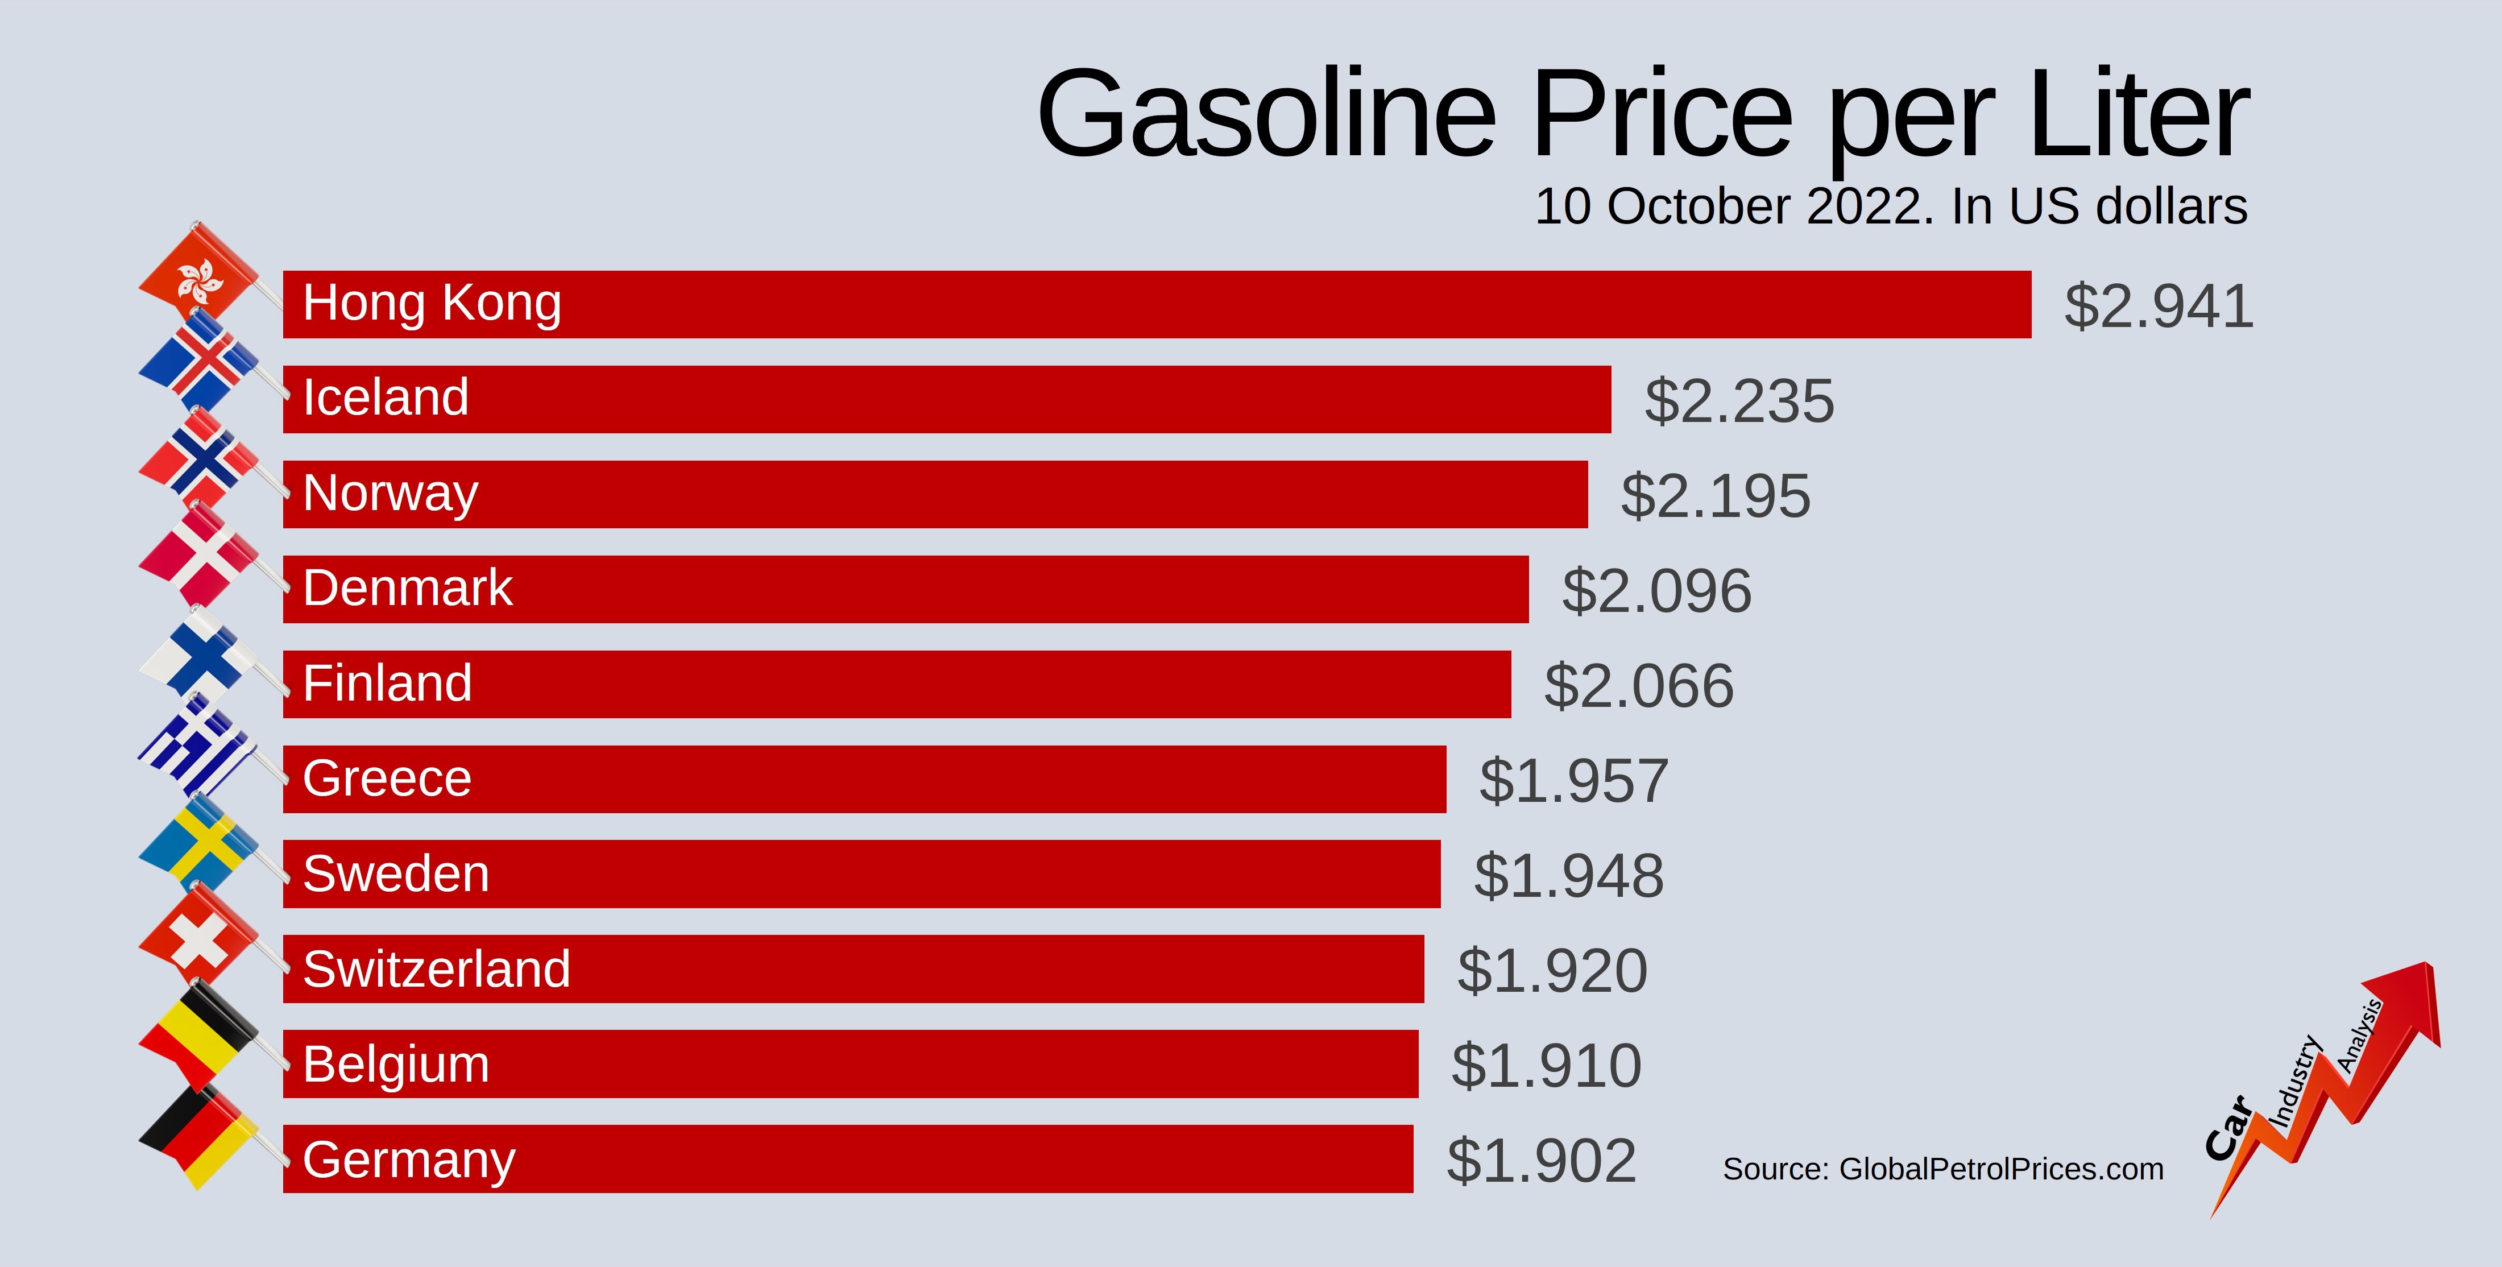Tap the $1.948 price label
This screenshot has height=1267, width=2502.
tap(1569, 875)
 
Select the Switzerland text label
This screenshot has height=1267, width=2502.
tap(436, 968)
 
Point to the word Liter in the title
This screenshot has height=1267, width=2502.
tap(2137, 115)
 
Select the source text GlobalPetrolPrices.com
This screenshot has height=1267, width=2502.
tap(2001, 1169)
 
